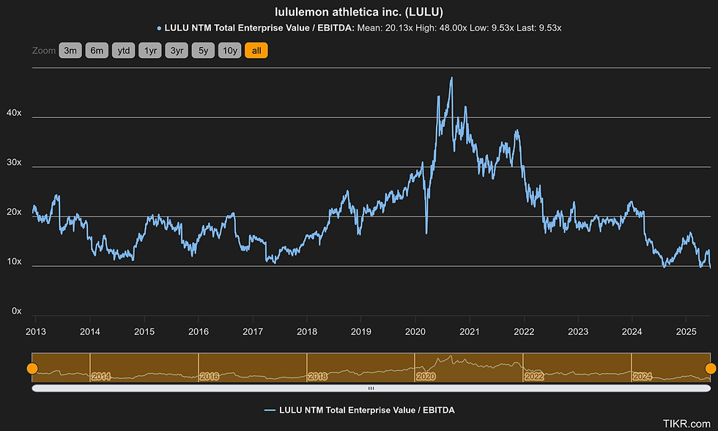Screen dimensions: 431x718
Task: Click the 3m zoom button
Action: pos(70,51)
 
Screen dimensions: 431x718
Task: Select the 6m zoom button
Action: pos(97,51)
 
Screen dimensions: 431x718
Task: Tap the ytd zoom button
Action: pos(124,51)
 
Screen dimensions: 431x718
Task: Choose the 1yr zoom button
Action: pos(150,51)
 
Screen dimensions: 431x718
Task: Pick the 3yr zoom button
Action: pos(177,51)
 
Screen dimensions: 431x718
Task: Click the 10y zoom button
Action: pos(230,51)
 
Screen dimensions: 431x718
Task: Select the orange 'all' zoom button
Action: pos(256,51)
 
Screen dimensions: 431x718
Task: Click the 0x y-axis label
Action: pos(15,312)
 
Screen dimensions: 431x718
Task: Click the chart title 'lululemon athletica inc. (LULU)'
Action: pos(358,12)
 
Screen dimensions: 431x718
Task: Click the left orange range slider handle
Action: pos(32,368)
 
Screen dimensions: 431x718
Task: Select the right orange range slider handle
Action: pos(710,368)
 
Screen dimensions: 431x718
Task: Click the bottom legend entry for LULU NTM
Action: pos(359,410)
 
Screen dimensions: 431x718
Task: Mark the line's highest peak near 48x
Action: pos(451,78)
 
